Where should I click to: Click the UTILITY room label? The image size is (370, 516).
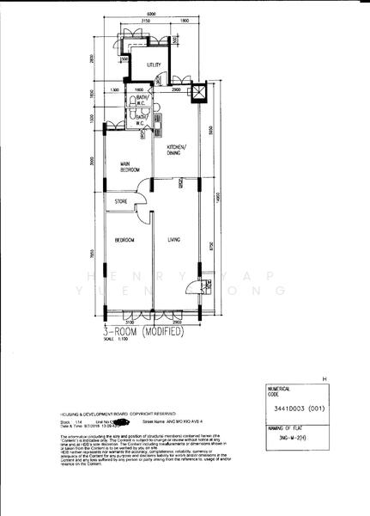(155, 64)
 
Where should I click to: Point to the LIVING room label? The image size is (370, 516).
(173, 240)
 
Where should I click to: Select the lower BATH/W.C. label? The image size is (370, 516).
(140, 120)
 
